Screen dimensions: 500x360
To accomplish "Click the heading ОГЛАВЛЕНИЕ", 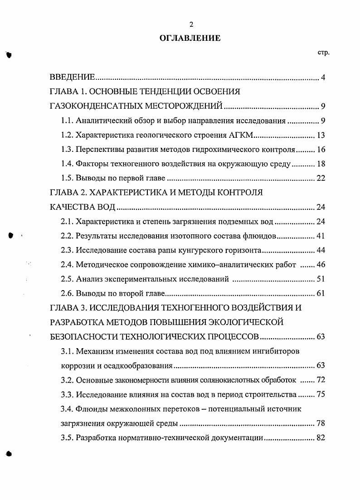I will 190,39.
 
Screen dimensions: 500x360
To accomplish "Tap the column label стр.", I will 323,53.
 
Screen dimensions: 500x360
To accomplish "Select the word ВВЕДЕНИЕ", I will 72,78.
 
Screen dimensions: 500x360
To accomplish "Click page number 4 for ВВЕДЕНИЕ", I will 323,78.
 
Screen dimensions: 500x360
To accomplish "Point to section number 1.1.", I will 67,121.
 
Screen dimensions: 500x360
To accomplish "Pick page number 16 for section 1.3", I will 321,150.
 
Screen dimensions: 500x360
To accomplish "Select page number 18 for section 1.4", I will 321,164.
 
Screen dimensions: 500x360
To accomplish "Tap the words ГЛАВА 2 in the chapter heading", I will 68,193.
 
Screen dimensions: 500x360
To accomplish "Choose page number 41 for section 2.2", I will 321,236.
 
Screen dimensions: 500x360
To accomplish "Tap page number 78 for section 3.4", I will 321,424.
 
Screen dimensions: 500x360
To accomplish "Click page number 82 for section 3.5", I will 321,438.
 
